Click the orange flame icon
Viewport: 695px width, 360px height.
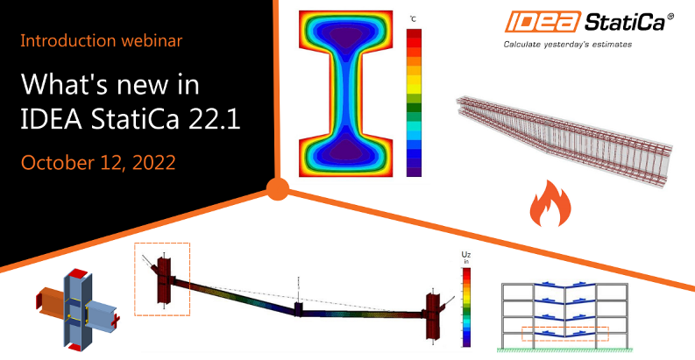pos(550,205)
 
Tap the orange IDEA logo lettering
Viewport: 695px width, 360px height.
pos(543,22)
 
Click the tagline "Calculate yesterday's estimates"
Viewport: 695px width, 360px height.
pos(567,45)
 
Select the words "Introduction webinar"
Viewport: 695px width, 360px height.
pos(101,41)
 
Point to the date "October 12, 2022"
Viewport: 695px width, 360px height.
pos(98,163)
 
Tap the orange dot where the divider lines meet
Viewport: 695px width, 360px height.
pos(278,189)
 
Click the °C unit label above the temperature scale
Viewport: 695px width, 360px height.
pos(413,19)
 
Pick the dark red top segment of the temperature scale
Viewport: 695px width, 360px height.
pos(414,33)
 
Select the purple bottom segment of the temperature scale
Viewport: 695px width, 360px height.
pos(414,173)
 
